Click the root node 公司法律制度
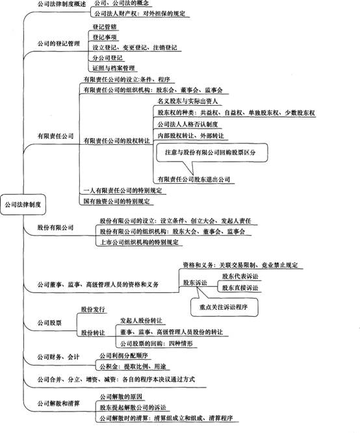(x=23, y=204)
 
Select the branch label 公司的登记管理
(x=58, y=43)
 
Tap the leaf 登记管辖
(x=105, y=27)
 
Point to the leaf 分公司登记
(x=107, y=58)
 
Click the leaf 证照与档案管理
(x=113, y=68)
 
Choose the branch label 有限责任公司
(x=56, y=136)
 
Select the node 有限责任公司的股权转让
(x=117, y=141)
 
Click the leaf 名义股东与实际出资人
(x=187, y=101)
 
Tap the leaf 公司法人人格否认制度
(x=187, y=124)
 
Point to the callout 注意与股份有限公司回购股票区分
(x=212, y=153)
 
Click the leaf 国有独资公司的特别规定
(x=116, y=201)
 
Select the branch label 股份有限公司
(x=56, y=228)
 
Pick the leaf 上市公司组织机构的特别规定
(x=139, y=242)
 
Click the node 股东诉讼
(x=195, y=282)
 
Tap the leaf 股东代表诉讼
(x=240, y=276)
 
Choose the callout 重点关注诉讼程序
(x=224, y=307)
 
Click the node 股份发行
(x=93, y=309)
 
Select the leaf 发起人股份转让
(x=141, y=321)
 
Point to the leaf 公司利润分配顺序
(x=123, y=355)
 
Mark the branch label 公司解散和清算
(x=58, y=403)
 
